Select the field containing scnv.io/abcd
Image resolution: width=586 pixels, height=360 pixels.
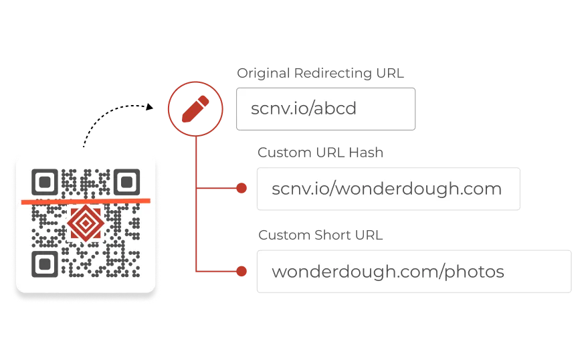point(326,109)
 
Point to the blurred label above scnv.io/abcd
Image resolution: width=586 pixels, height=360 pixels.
point(320,73)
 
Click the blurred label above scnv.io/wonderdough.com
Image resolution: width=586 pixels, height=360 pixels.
point(321,153)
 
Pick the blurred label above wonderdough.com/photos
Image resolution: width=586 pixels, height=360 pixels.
point(320,235)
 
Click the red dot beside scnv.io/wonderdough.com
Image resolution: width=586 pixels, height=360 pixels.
point(241,189)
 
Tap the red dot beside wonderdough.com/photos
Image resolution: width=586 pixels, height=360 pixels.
point(241,272)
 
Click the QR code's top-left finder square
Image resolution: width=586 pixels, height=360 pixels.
point(44,182)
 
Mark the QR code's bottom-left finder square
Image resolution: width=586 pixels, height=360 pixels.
point(44,264)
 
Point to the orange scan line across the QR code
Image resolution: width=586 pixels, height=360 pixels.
point(86,200)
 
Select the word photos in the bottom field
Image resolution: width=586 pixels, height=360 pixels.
point(476,272)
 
